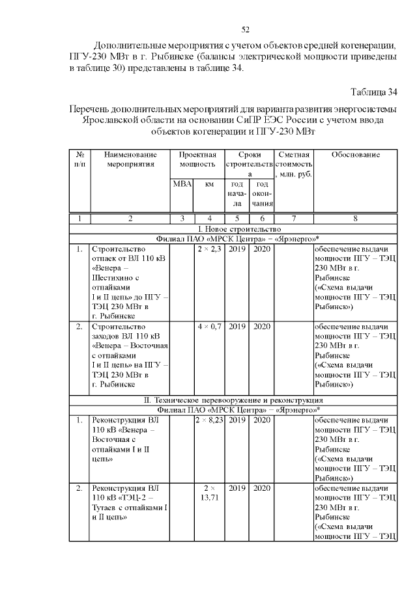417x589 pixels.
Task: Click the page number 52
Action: click(x=246, y=29)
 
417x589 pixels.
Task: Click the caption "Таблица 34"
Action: click(x=373, y=90)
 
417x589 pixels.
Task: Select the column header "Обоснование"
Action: click(x=355, y=155)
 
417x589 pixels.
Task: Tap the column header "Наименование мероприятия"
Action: click(x=130, y=159)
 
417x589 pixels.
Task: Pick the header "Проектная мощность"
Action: click(x=197, y=159)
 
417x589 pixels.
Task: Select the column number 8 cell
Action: click(x=355, y=219)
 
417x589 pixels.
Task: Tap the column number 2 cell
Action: click(x=130, y=219)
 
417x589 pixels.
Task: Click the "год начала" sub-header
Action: click(x=237, y=194)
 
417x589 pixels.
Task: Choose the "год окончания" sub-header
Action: click(x=261, y=194)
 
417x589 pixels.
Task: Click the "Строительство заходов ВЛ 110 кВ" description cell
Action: click(x=130, y=355)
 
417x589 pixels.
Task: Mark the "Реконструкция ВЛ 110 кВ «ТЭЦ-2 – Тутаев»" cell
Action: click(x=130, y=502)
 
